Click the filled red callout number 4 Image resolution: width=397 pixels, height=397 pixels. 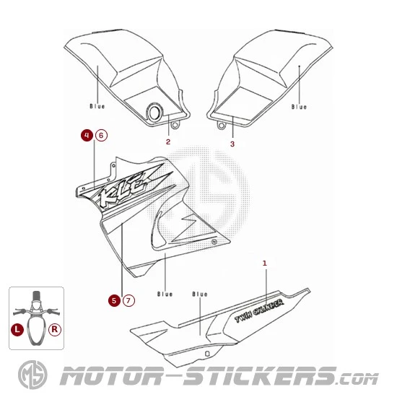(87, 136)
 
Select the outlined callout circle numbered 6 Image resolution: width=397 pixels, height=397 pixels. (101, 136)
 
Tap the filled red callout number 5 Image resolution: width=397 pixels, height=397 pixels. (114, 300)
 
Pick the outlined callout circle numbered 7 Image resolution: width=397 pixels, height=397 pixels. (128, 300)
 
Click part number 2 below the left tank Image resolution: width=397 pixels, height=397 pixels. (168, 142)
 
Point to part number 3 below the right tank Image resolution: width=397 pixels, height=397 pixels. (232, 144)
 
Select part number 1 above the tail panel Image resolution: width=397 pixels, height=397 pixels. (265, 263)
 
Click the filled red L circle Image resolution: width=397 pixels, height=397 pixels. (17, 330)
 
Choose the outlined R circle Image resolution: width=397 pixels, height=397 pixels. (55, 330)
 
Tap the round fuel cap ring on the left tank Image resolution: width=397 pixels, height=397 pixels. (154, 113)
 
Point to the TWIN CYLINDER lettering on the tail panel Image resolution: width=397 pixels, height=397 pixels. (260, 310)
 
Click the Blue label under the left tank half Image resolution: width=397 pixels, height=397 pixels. (97, 106)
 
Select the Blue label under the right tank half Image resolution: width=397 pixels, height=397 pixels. (299, 107)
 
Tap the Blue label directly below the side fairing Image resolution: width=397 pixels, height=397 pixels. (165, 294)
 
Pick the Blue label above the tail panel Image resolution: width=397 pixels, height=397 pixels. (200, 294)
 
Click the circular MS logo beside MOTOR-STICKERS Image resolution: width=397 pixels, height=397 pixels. (32, 375)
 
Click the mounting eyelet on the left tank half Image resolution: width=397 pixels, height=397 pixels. (175, 125)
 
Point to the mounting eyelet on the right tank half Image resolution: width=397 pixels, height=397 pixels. (222, 125)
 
